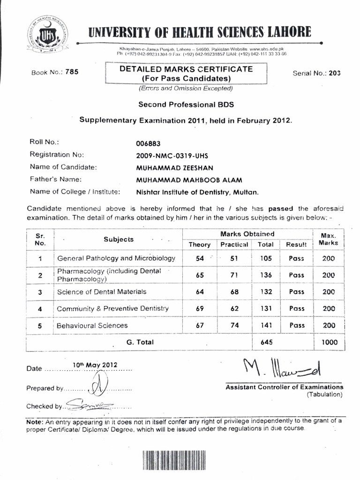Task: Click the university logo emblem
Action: pyautogui.click(x=46, y=34)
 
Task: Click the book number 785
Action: pyautogui.click(x=72, y=72)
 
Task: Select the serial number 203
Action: pyautogui.click(x=335, y=73)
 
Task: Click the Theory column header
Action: pyautogui.click(x=200, y=244)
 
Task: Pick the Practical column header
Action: pyautogui.click(x=234, y=244)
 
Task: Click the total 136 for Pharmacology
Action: pyautogui.click(x=266, y=275)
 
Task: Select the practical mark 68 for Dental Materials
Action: pyautogui.click(x=234, y=292)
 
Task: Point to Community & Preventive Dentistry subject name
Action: pyautogui.click(x=112, y=308)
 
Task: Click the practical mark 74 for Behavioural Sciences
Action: pyautogui.click(x=234, y=325)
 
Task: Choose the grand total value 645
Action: pyautogui.click(x=266, y=342)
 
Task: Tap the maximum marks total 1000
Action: pyautogui.click(x=329, y=342)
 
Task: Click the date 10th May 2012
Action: pyautogui.click(x=95, y=365)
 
